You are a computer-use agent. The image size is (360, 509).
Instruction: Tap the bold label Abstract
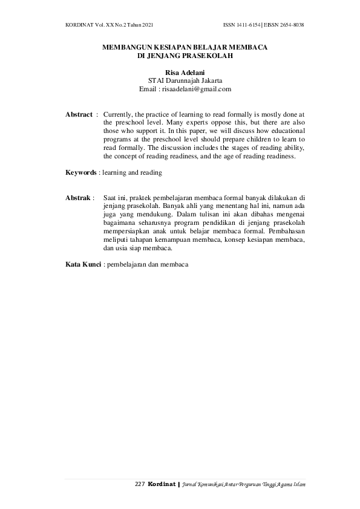tap(79, 114)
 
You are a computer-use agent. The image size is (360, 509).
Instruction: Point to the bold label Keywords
tap(81, 173)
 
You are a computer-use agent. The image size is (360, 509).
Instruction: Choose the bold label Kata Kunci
tap(83, 264)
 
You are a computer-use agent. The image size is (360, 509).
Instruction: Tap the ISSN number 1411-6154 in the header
tap(249, 25)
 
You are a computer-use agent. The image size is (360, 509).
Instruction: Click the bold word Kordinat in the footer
tap(162, 485)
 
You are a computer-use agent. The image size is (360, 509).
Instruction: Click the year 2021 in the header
tap(144, 25)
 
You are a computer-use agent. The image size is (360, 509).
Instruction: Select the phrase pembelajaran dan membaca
tap(147, 264)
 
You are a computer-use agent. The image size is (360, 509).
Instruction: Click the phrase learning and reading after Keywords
tap(132, 173)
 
